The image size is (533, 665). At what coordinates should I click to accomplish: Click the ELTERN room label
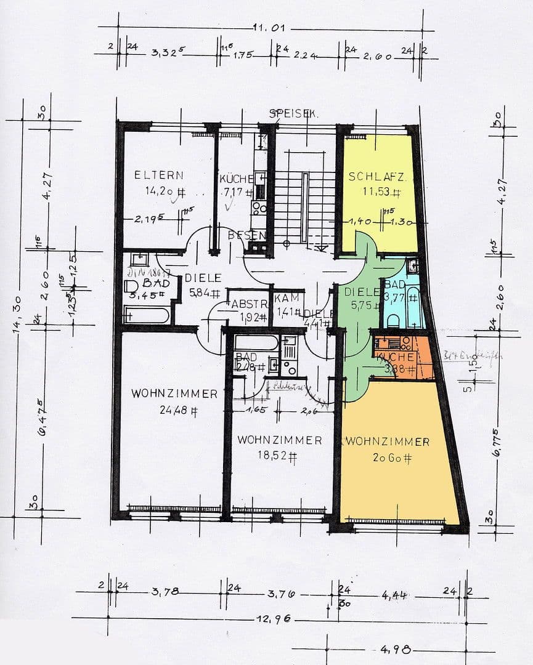(158, 175)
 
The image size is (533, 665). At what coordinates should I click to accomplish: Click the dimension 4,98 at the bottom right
(392, 650)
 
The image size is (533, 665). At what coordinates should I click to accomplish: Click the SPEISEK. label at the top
(293, 114)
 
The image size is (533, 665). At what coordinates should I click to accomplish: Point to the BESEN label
(246, 235)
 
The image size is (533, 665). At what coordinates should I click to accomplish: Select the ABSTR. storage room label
(247, 304)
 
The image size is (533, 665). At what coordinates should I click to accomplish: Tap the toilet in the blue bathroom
(393, 321)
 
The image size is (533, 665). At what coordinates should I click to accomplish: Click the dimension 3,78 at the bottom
(165, 592)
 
